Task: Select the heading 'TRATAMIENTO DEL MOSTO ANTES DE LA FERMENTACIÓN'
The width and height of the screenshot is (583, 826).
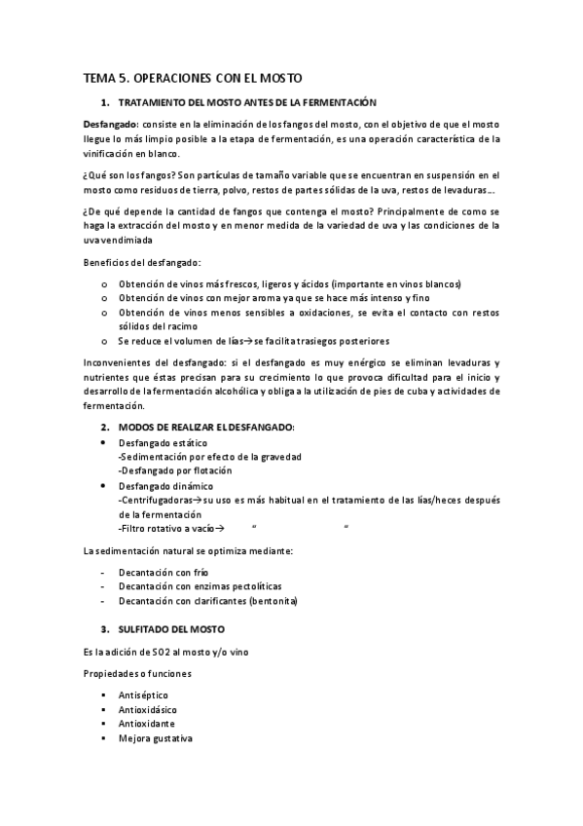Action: click(x=246, y=102)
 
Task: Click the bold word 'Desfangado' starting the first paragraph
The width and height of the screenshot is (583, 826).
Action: click(x=110, y=124)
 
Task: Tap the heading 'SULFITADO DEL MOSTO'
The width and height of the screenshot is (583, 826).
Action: click(x=170, y=629)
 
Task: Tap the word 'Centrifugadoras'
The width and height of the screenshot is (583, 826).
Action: click(x=153, y=500)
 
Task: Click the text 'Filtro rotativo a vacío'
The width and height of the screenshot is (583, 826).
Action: click(x=164, y=529)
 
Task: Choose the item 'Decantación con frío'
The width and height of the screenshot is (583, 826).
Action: click(x=164, y=572)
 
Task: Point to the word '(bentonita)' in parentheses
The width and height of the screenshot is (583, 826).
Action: click(x=273, y=601)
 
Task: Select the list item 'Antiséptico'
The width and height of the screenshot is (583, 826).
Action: click(x=143, y=695)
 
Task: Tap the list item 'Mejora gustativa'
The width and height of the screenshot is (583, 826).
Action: click(x=156, y=738)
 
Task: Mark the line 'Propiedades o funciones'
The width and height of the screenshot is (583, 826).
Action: click(x=137, y=673)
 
